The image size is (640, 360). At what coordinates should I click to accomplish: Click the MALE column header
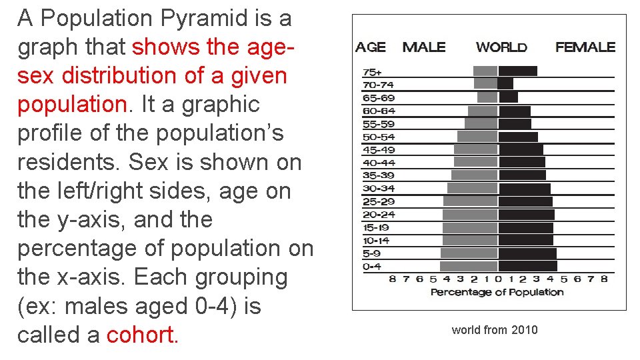(424, 47)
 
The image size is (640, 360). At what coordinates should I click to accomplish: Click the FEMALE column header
(585, 47)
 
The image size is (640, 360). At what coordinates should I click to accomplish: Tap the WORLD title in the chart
(501, 47)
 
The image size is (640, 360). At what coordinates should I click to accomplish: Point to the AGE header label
(371, 47)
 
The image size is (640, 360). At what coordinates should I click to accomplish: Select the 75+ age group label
(372, 72)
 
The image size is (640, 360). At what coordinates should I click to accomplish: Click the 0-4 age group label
(372, 267)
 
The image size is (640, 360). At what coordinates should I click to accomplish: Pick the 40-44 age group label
(379, 163)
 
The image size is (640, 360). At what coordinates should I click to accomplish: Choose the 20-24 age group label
(379, 215)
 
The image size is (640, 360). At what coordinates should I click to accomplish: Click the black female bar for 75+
(518, 71)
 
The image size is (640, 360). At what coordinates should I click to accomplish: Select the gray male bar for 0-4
(469, 253)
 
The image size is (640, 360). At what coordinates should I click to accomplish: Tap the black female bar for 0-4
(527, 253)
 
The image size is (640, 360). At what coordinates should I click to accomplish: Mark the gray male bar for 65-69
(487, 97)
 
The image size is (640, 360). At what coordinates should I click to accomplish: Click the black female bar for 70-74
(506, 84)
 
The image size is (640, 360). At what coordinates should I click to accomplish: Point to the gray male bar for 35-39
(474, 175)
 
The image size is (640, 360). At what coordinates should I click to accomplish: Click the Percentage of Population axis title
(497, 292)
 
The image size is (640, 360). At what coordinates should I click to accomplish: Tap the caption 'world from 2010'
(494, 330)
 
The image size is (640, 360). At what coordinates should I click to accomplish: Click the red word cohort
(141, 335)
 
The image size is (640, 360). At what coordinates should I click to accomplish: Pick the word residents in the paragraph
(69, 162)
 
